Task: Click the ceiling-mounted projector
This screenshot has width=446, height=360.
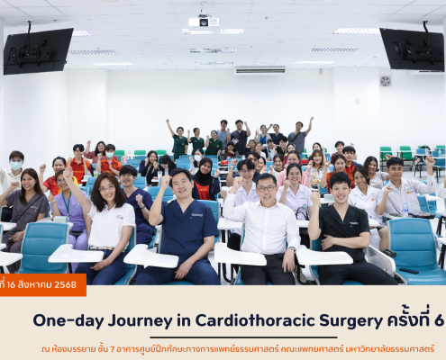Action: pyautogui.click(x=204, y=22)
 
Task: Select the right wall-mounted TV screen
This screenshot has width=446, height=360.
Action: pyautogui.click(x=413, y=49)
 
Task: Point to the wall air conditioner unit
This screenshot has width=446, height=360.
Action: pyautogui.click(x=259, y=70)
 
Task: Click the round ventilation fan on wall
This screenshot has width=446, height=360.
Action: pyautogui.click(x=385, y=81)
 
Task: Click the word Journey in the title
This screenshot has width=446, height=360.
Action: pyautogui.click(x=140, y=321)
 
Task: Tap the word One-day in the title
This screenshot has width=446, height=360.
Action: pyautogui.click(x=68, y=321)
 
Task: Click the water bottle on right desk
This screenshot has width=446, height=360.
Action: pyautogui.click(x=405, y=210)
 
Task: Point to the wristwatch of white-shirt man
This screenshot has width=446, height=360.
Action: pyautogui.click(x=291, y=248)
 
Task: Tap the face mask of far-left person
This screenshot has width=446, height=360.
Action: pyautogui.click(x=16, y=166)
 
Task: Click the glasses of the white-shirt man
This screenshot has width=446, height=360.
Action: pyautogui.click(x=266, y=188)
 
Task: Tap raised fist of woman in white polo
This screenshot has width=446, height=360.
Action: pyautogui.click(x=68, y=174)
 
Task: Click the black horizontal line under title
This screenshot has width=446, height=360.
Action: pyautogui.click(x=243, y=337)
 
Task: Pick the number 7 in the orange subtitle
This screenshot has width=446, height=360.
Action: pyautogui.click(x=113, y=349)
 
